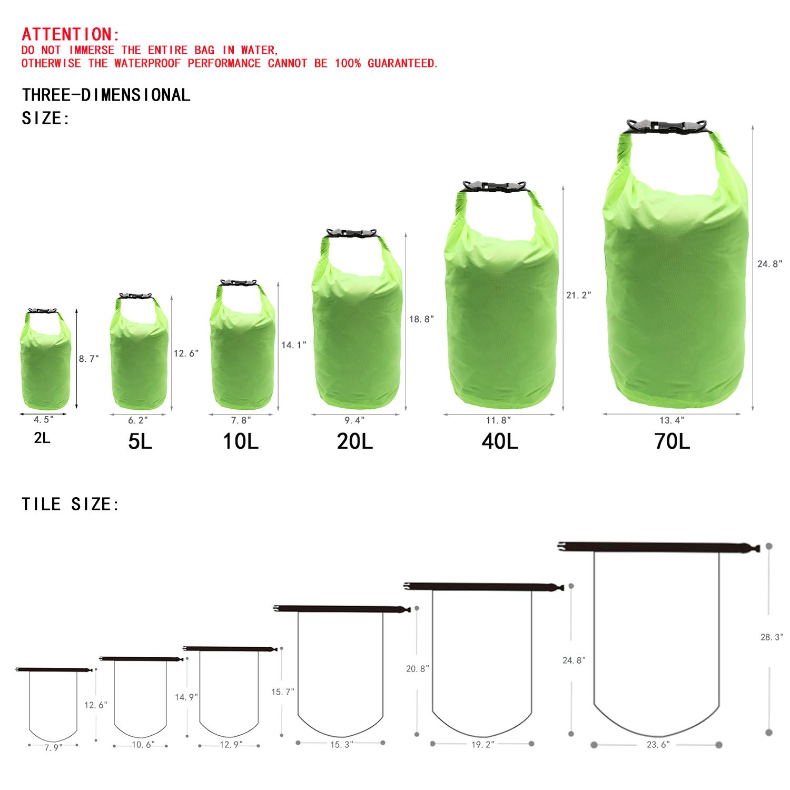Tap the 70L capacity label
click(x=671, y=441)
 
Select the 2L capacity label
click(x=42, y=438)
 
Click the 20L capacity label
click(x=354, y=441)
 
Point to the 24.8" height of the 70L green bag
click(x=769, y=264)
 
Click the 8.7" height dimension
click(x=88, y=359)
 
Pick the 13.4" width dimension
click(x=671, y=420)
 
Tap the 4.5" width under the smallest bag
click(x=43, y=420)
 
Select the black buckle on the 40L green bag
click(x=493, y=186)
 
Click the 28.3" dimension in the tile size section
click(x=772, y=637)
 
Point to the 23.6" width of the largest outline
click(x=658, y=745)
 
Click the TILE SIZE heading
click(x=71, y=505)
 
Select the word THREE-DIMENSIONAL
click(x=106, y=95)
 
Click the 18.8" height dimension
click(x=421, y=319)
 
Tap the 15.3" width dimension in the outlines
click(x=341, y=745)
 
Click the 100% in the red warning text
click(x=348, y=64)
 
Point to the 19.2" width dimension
click(x=482, y=745)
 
